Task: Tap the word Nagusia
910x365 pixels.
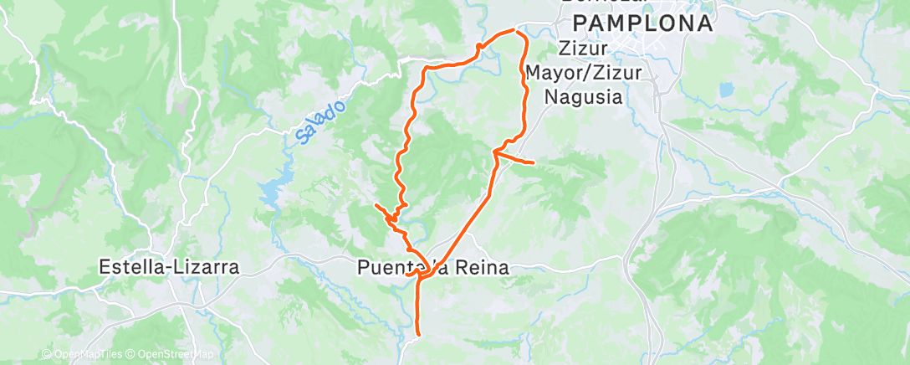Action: pos(583,96)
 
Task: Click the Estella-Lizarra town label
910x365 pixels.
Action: pos(169,268)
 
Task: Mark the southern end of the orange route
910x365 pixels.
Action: pos(417,337)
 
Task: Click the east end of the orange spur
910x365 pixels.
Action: pos(533,161)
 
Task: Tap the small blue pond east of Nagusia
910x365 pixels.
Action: pos(725,88)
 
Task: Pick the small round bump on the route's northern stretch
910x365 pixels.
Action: pos(478,46)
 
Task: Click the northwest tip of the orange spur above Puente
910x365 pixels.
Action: pos(376,204)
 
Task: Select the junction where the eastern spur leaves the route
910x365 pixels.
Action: pos(495,152)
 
